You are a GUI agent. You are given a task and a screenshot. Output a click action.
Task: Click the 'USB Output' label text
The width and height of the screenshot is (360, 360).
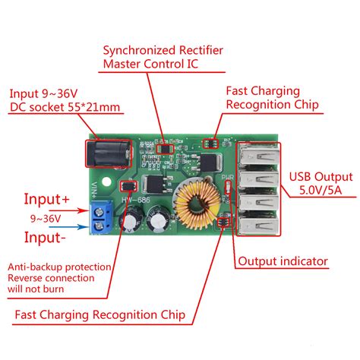(317, 173)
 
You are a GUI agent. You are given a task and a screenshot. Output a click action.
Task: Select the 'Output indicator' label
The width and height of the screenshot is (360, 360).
(283, 261)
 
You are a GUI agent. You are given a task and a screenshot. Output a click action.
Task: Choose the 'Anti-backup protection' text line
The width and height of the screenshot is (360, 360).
(59, 267)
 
